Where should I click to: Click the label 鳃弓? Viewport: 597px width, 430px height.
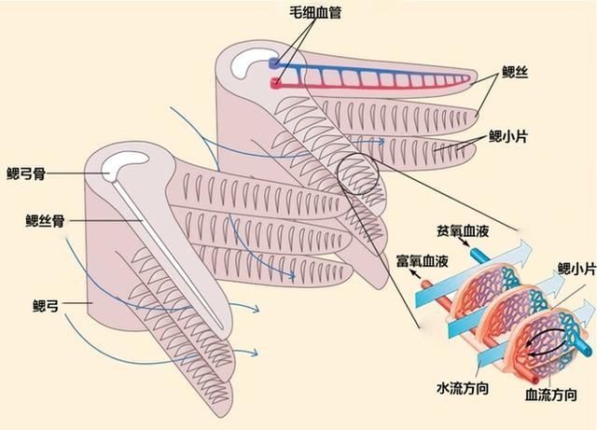(x=46, y=304)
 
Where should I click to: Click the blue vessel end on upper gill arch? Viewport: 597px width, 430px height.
(x=275, y=63)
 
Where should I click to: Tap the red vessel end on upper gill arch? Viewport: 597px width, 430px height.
(x=276, y=83)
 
